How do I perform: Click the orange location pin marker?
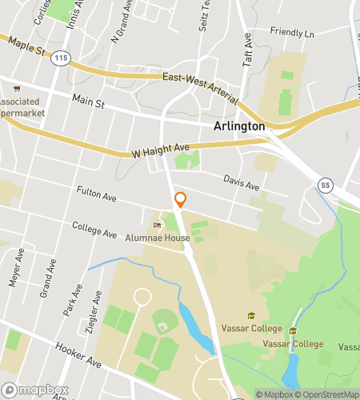pyautogui.click(x=181, y=200)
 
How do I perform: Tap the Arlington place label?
pyautogui.click(x=239, y=126)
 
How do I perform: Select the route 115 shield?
pyautogui.click(x=59, y=59)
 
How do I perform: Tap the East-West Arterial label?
pyautogui.click(x=199, y=86)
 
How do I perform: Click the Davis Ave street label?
pyautogui.click(x=241, y=184)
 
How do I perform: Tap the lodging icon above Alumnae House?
pyautogui.click(x=157, y=225)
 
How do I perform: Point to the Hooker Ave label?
pyautogui.click(x=78, y=357)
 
